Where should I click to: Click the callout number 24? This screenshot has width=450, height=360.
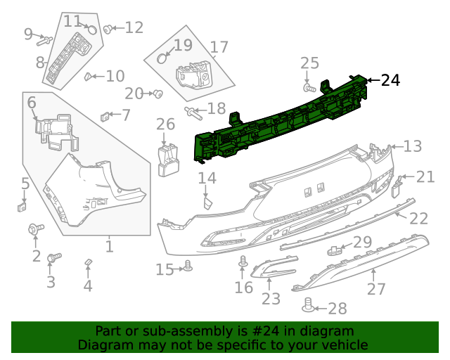tap(390, 80)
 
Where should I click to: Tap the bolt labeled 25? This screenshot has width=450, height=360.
tap(309, 89)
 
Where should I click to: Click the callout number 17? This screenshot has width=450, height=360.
tap(219, 47)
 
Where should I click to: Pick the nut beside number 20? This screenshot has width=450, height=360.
tap(158, 94)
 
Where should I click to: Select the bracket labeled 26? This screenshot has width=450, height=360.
tap(168, 159)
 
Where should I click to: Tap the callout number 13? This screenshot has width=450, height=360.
tap(412, 146)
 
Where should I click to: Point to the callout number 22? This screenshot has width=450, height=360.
tap(418, 218)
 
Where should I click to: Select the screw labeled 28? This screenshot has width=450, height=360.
tap(307, 305)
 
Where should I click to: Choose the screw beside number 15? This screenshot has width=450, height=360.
tap(187, 267)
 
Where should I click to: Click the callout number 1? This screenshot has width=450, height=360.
tap(109, 246)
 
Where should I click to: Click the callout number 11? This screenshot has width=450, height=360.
tap(72, 21)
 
